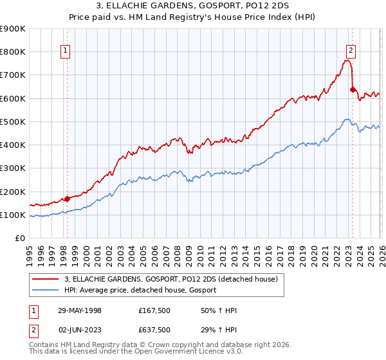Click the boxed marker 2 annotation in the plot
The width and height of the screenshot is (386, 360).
pyautogui.click(x=351, y=51)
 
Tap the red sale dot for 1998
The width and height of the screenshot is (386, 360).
pyautogui.click(x=67, y=199)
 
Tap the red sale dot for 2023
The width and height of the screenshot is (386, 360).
pyautogui.click(x=353, y=89)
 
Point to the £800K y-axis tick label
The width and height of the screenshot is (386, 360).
pyautogui.click(x=13, y=51)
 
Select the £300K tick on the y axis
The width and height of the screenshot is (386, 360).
pyautogui.click(x=13, y=168)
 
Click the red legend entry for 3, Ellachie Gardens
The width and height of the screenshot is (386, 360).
pyautogui.click(x=170, y=279)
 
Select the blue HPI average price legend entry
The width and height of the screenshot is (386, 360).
pyautogui.click(x=140, y=291)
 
